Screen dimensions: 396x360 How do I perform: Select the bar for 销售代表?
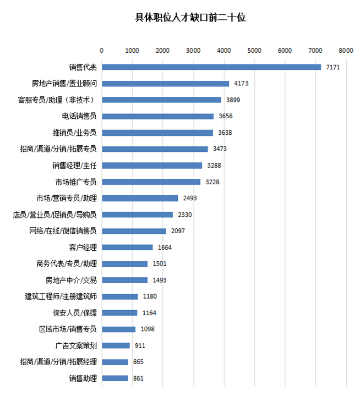click(x=211, y=67)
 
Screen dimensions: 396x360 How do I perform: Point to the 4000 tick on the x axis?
click(x=223, y=51)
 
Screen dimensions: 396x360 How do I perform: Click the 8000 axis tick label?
click(x=346, y=51)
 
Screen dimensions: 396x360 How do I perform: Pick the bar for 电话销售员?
click(x=157, y=116)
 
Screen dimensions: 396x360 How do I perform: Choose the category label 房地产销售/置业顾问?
click(x=64, y=84)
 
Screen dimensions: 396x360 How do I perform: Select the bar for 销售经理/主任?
click(x=152, y=165)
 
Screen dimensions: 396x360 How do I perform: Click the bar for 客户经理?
click(x=127, y=247)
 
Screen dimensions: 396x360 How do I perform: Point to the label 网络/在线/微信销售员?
click(x=63, y=231)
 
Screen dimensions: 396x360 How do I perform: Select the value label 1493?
click(x=159, y=280)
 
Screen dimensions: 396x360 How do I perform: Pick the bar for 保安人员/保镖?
click(x=119, y=312)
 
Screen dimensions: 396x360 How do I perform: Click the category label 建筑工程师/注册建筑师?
click(x=61, y=296)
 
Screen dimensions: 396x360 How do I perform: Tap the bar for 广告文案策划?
click(x=116, y=345)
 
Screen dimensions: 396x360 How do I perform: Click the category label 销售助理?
click(x=83, y=378)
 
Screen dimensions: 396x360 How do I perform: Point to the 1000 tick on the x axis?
click(x=132, y=51)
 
